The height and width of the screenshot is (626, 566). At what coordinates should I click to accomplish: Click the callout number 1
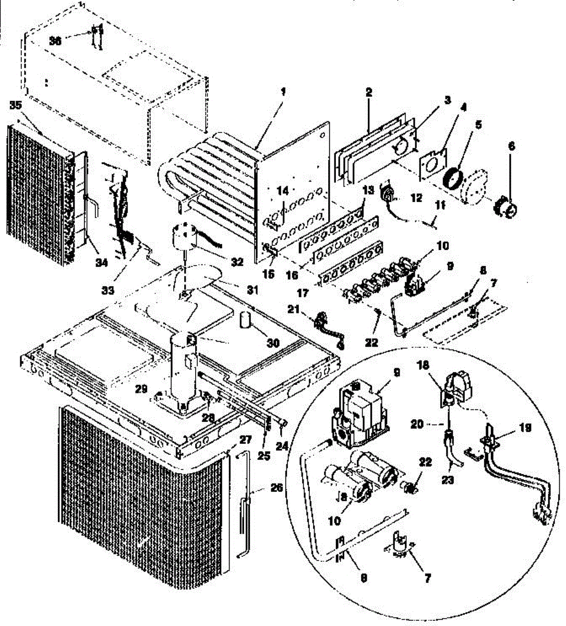[x=283, y=92]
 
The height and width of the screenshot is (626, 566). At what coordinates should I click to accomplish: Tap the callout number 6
[x=511, y=148]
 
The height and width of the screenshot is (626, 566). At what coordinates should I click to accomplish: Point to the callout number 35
[x=16, y=105]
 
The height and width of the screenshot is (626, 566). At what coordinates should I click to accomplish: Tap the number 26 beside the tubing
[x=276, y=488]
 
